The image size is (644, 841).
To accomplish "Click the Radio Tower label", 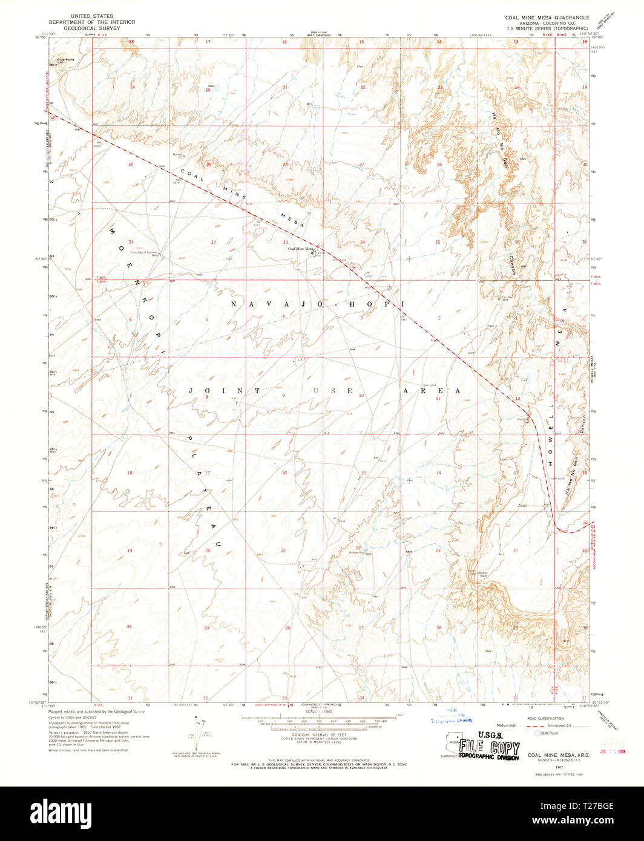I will coord(482,574).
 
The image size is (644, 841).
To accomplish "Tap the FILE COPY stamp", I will coord(488,748).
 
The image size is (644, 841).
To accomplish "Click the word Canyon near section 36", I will coord(512,264).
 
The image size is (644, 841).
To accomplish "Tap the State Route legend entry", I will coord(548,733).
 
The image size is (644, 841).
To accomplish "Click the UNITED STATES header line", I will coord(92,16).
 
